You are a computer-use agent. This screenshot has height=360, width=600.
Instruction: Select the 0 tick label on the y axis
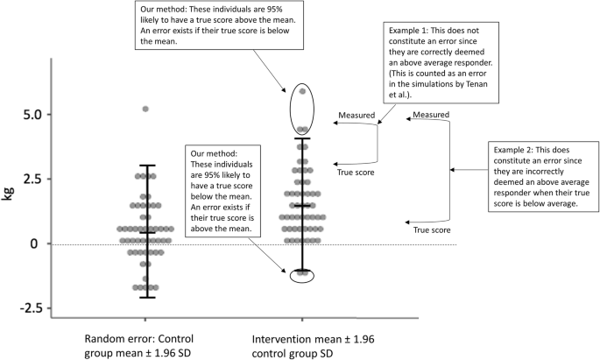tap(32, 244)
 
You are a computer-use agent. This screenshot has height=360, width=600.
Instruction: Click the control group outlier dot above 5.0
tap(145, 109)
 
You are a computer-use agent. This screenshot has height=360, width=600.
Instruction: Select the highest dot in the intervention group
tap(302, 91)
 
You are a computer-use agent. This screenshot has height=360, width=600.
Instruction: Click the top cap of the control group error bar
tap(145, 166)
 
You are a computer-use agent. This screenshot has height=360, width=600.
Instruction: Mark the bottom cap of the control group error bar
tap(145, 298)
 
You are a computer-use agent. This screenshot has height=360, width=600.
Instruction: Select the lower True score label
tap(432, 229)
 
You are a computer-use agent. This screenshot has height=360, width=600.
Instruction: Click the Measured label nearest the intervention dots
tap(357, 115)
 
